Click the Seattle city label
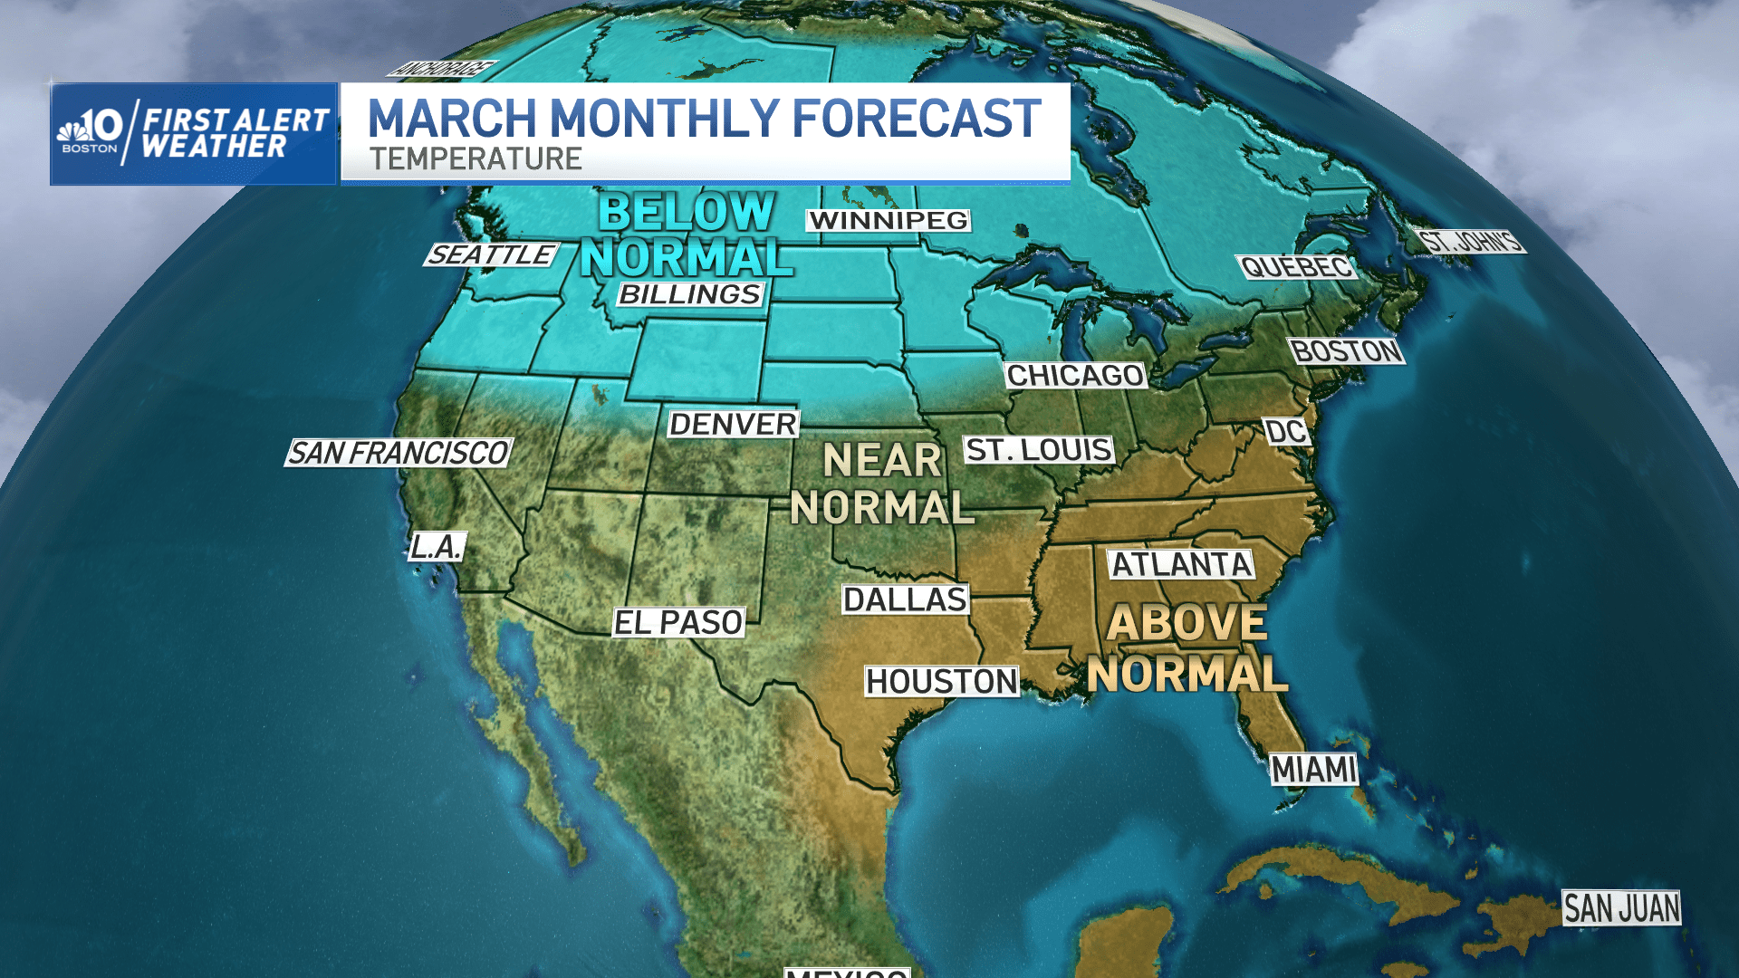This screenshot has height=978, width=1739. pyautogui.click(x=492, y=255)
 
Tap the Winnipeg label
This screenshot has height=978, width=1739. pyautogui.click(x=889, y=220)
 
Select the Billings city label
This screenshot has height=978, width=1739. pyautogui.click(x=690, y=294)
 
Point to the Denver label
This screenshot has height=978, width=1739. pyautogui.click(x=733, y=424)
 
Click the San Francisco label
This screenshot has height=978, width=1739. pyautogui.click(x=399, y=453)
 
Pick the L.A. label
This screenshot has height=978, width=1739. pyautogui.click(x=437, y=546)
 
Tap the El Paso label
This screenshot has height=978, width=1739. pyautogui.click(x=678, y=622)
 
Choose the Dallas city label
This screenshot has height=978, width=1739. pyautogui.click(x=905, y=599)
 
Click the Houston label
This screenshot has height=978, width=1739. pyautogui.click(x=942, y=681)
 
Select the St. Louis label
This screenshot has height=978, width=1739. pyautogui.click(x=1038, y=449)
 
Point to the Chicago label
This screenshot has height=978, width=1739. pyautogui.click(x=1075, y=375)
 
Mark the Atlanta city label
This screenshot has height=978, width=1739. pyautogui.click(x=1181, y=564)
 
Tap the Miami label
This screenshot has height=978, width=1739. pyautogui.click(x=1313, y=770)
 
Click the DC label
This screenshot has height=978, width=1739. pyautogui.click(x=1286, y=432)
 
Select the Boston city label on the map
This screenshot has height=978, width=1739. pyautogui.click(x=1347, y=350)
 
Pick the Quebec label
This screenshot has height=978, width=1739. pyautogui.click(x=1296, y=267)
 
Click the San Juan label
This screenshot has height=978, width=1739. pyautogui.click(x=1621, y=907)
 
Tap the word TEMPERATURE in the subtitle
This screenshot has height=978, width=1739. pyautogui.click(x=476, y=159)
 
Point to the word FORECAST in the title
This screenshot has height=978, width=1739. pyautogui.click(x=917, y=118)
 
